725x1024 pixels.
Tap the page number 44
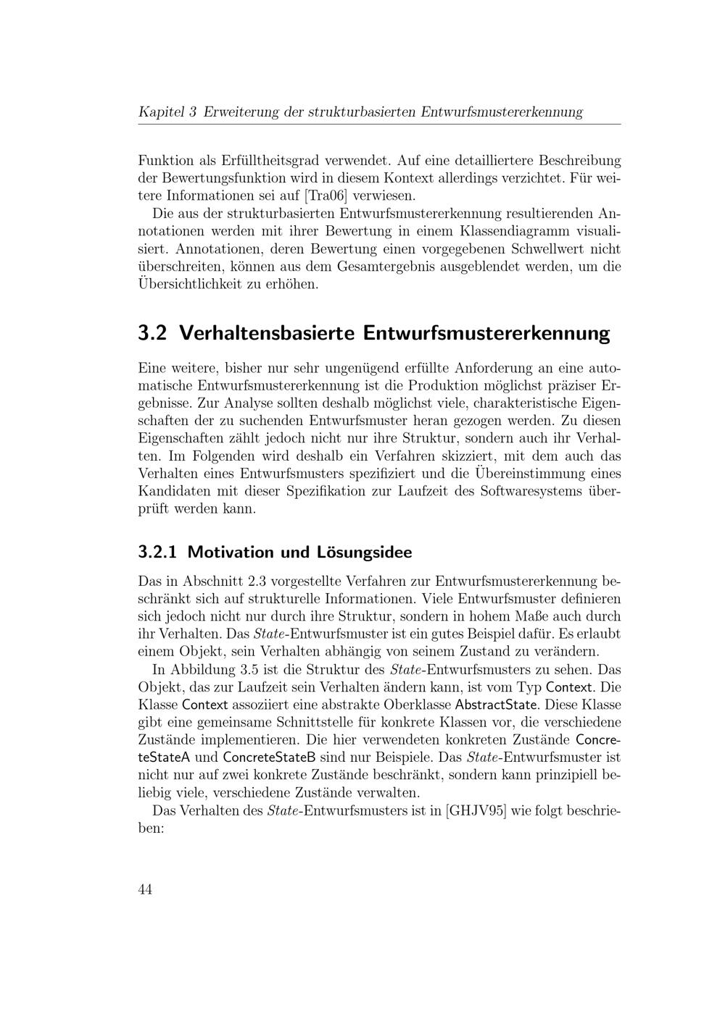pos(145,890)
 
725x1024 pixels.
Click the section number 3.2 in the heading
pos(152,334)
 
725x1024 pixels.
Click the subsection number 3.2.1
pos(157,553)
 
